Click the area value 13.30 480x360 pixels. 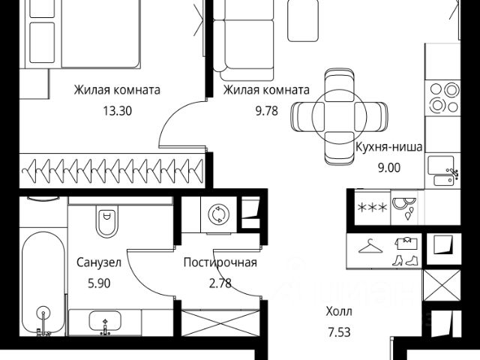pyautogui.click(x=117, y=110)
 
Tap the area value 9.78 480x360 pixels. pyautogui.click(x=267, y=110)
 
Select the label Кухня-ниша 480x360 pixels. pyautogui.click(x=388, y=147)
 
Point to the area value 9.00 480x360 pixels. pyautogui.click(x=389, y=168)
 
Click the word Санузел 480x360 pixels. pyautogui.click(x=99, y=262)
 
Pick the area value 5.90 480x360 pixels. pyautogui.click(x=99, y=283)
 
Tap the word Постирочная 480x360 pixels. pyautogui.click(x=220, y=262)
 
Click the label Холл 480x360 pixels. pyautogui.click(x=339, y=312)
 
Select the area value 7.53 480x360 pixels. pyautogui.click(x=339, y=332)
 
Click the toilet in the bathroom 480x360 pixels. pyautogui.click(x=106, y=220)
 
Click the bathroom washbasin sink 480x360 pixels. pyautogui.click(x=105, y=322)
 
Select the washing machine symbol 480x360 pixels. pyautogui.click(x=219, y=214)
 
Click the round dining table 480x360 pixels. pyautogui.click(x=339, y=116)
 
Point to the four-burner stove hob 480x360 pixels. pyautogui.click(x=442, y=98)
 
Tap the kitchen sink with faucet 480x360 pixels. pyautogui.click(x=443, y=171)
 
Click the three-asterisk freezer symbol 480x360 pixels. pyautogui.click(x=372, y=208)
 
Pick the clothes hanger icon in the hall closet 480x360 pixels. pyautogui.click(x=370, y=247)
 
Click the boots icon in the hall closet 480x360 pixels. pyautogui.click(x=405, y=260)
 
